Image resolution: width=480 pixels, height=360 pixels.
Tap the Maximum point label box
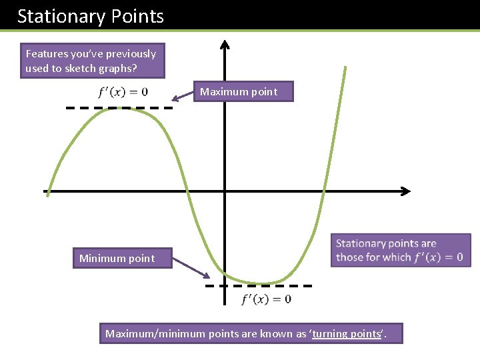(243, 91)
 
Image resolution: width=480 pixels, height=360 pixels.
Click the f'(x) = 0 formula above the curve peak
(123, 91)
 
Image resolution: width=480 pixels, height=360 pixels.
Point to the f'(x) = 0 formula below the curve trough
(266, 299)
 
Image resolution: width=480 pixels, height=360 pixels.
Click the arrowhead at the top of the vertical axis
(225, 44)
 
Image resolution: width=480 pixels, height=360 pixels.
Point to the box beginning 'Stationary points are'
(400, 250)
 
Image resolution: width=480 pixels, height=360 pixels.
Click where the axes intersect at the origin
(225, 191)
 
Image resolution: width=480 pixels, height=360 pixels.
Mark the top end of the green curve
(345, 67)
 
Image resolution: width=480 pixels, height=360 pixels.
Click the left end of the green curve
(47, 193)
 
